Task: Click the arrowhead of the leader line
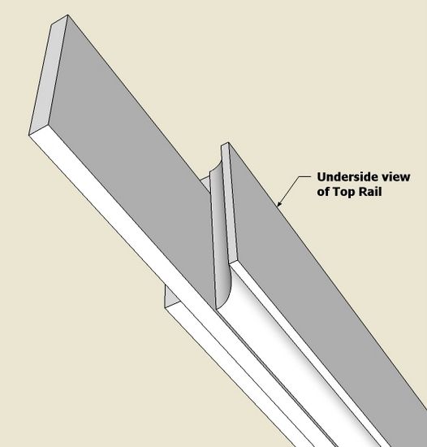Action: point(279,203)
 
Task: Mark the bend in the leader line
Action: point(299,176)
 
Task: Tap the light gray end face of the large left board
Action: point(49,75)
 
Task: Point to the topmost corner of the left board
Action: point(67,15)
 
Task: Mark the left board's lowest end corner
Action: point(28,135)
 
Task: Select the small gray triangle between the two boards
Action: point(205,184)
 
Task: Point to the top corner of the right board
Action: point(228,142)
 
